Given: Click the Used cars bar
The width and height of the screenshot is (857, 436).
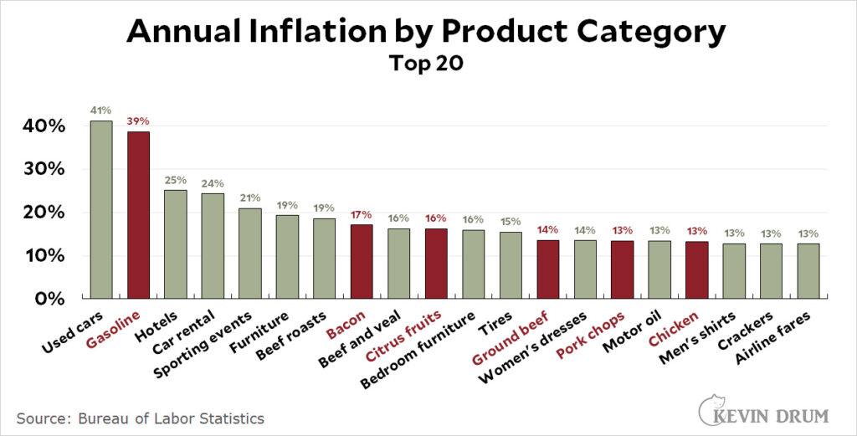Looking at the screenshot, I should pos(101,209).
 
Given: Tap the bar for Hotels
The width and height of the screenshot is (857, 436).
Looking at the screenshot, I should pos(176,244).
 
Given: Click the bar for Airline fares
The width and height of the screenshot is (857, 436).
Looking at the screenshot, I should pos(808,270).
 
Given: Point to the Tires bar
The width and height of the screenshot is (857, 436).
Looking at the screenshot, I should pos(511,264).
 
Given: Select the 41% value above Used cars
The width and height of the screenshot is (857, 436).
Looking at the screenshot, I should pos(101,110).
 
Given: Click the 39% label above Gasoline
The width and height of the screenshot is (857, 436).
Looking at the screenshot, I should pos(138,121).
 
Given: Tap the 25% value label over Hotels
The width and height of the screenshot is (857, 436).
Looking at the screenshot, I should pos(176,179).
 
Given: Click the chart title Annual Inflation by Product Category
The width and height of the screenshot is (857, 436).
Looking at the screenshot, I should pos(427,32).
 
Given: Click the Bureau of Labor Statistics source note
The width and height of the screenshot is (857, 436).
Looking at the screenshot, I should pos(138,416).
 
